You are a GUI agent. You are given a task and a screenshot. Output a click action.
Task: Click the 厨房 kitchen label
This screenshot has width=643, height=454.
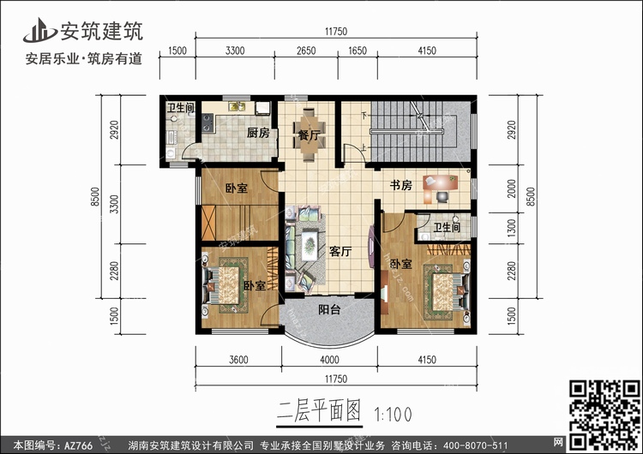point(258,133)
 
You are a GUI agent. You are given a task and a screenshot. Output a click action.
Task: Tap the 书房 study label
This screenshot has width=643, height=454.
point(400,185)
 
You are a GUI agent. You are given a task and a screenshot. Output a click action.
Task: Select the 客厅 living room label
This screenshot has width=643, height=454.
point(340,251)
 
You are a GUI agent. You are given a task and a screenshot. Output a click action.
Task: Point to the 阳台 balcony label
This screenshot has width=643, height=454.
point(329,309)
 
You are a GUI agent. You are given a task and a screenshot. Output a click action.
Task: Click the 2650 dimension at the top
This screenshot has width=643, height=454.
point(306,51)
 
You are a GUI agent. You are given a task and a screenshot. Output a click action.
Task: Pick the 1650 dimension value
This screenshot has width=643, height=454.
point(358,51)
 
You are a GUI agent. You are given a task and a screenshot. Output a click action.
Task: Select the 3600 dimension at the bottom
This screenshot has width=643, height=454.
point(238,360)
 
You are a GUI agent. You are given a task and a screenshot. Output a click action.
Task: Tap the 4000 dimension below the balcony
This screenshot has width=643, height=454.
point(329,360)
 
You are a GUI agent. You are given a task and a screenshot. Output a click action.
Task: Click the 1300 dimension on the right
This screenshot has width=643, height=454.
point(511,228)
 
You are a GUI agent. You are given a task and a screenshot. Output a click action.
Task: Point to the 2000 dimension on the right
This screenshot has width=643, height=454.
point(511,188)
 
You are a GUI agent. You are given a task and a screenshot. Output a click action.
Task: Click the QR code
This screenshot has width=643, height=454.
point(604,415)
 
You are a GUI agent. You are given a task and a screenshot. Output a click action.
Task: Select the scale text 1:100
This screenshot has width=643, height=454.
point(393,415)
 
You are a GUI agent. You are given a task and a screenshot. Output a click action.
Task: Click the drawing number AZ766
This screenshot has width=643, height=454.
point(78,445)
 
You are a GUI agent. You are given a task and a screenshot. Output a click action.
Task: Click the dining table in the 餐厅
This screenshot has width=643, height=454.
point(309,134)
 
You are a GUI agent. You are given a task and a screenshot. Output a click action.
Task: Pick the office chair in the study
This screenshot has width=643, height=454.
point(442,197)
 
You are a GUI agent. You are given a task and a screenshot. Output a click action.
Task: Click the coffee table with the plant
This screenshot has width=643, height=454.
point(309,246)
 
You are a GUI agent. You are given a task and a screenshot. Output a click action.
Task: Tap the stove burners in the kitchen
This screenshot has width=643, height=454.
point(207,122)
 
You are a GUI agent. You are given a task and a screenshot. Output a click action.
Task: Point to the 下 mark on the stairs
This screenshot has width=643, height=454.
point(364,116)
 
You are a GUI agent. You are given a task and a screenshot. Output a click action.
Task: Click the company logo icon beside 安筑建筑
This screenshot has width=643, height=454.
point(39,30)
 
